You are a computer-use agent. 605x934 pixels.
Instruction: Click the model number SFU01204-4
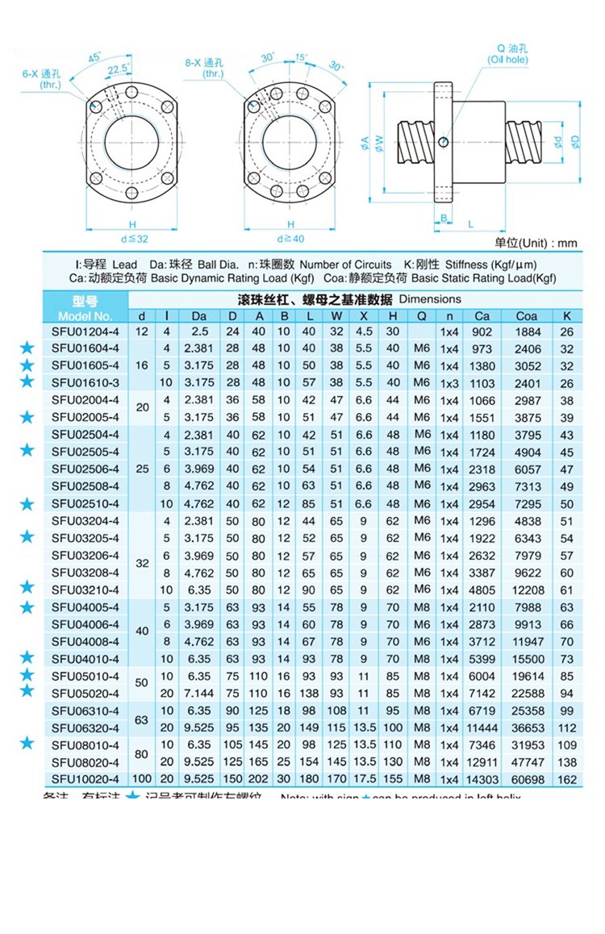click(x=85, y=331)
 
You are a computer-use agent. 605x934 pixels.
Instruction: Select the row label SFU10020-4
click(x=85, y=778)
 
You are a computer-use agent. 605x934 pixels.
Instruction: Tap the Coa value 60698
click(x=526, y=778)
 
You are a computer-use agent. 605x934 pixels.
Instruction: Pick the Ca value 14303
click(x=482, y=778)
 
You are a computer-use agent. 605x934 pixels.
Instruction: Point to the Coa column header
click(x=526, y=316)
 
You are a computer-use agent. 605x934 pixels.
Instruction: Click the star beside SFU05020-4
click(x=27, y=691)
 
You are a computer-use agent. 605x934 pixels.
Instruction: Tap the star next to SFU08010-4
click(x=27, y=743)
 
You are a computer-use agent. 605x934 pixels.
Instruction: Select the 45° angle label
click(x=94, y=57)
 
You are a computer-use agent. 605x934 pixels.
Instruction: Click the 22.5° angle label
click(x=119, y=69)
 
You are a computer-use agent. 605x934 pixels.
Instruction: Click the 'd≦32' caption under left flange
click(x=129, y=239)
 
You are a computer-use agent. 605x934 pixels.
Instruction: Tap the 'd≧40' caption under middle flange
click(x=290, y=239)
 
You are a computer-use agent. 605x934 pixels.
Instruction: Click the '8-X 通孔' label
click(x=203, y=63)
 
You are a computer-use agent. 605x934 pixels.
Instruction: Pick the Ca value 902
click(x=482, y=331)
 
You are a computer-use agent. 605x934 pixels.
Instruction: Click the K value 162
click(x=567, y=778)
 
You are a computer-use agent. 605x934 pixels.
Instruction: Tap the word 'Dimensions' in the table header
click(x=430, y=299)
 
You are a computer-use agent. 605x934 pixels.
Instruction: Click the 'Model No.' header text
click(x=85, y=316)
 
